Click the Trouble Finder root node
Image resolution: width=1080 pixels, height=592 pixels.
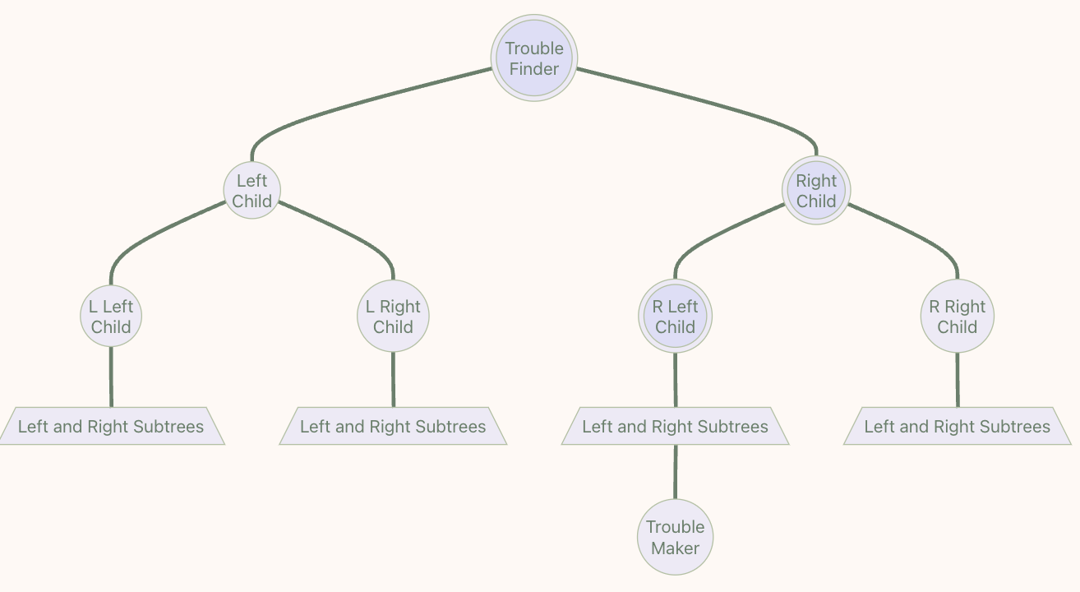[x=534, y=58]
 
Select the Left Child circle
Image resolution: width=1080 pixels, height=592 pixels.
[x=252, y=190]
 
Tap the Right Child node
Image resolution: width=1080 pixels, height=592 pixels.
[x=816, y=190]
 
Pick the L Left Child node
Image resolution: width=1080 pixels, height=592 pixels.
[x=111, y=317]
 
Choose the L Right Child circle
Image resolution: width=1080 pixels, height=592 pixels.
[x=393, y=317]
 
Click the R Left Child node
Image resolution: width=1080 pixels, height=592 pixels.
[x=675, y=317]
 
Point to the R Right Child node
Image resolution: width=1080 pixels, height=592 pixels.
[x=958, y=317]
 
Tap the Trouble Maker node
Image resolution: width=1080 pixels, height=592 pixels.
[x=675, y=537]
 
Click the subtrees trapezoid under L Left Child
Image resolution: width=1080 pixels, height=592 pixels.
[x=111, y=426]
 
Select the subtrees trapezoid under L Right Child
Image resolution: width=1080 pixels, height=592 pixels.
[x=393, y=426]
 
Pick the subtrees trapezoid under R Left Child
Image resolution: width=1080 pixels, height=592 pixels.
[x=675, y=426]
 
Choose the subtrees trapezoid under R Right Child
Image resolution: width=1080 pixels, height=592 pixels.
[x=958, y=426]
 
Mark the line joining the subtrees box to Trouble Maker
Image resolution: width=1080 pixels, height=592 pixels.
[x=676, y=472]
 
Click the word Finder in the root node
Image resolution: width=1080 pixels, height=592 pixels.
[x=534, y=69]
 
